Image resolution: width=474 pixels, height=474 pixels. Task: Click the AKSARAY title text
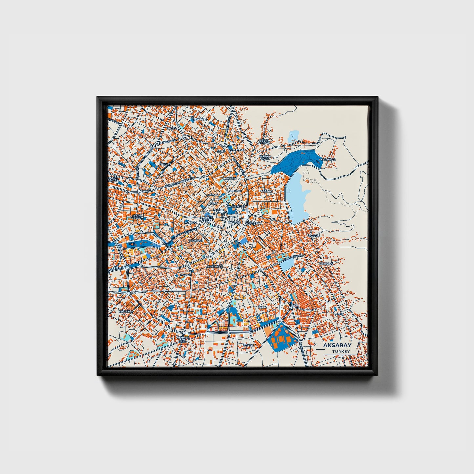coord(337,345)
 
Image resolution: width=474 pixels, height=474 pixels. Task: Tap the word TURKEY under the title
coord(340,351)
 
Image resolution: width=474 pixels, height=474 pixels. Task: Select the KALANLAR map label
coord(328,159)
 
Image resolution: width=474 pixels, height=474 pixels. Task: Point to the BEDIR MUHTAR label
coord(264,142)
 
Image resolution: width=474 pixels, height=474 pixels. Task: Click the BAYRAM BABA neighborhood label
coord(264,157)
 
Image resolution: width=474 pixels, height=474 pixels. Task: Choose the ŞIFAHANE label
coord(200,119)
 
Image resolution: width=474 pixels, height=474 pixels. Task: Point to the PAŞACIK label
coord(185,274)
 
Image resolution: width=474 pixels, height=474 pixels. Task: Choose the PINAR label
coord(294,305)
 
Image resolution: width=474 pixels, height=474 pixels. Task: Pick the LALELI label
coord(338,314)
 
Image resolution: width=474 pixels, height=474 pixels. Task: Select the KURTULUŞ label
coord(326,263)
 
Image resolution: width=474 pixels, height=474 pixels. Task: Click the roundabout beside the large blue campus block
coord(280,320)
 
